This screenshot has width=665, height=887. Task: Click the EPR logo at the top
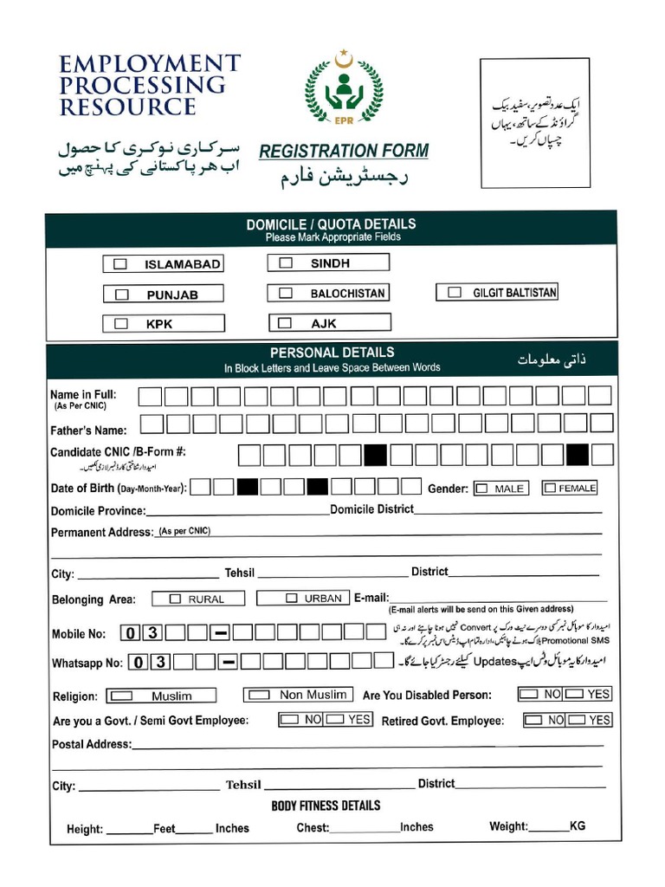pos(343,90)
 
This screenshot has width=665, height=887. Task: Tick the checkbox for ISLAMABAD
pos(121,264)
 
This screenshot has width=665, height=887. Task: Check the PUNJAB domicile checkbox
pos(122,295)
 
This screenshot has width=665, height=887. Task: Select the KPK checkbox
pos(121,324)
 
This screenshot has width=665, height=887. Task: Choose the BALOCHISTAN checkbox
pos(286,294)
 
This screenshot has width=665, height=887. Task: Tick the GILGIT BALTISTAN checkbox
pos(455,293)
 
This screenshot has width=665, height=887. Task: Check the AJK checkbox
pos(286,323)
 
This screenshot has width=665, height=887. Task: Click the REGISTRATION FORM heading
pos(344,151)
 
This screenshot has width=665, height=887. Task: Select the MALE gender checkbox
pos(481,489)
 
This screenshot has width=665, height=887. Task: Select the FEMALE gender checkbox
pos(550,488)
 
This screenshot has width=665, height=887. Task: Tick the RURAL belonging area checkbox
pos(175,599)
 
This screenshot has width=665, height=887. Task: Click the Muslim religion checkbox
pos(123,696)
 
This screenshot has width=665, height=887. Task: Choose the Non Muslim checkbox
pos(259,694)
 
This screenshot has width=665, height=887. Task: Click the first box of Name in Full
pos(151,397)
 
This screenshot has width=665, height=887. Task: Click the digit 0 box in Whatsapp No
pos(139,663)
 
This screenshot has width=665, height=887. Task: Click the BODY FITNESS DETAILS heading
pos(326,806)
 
